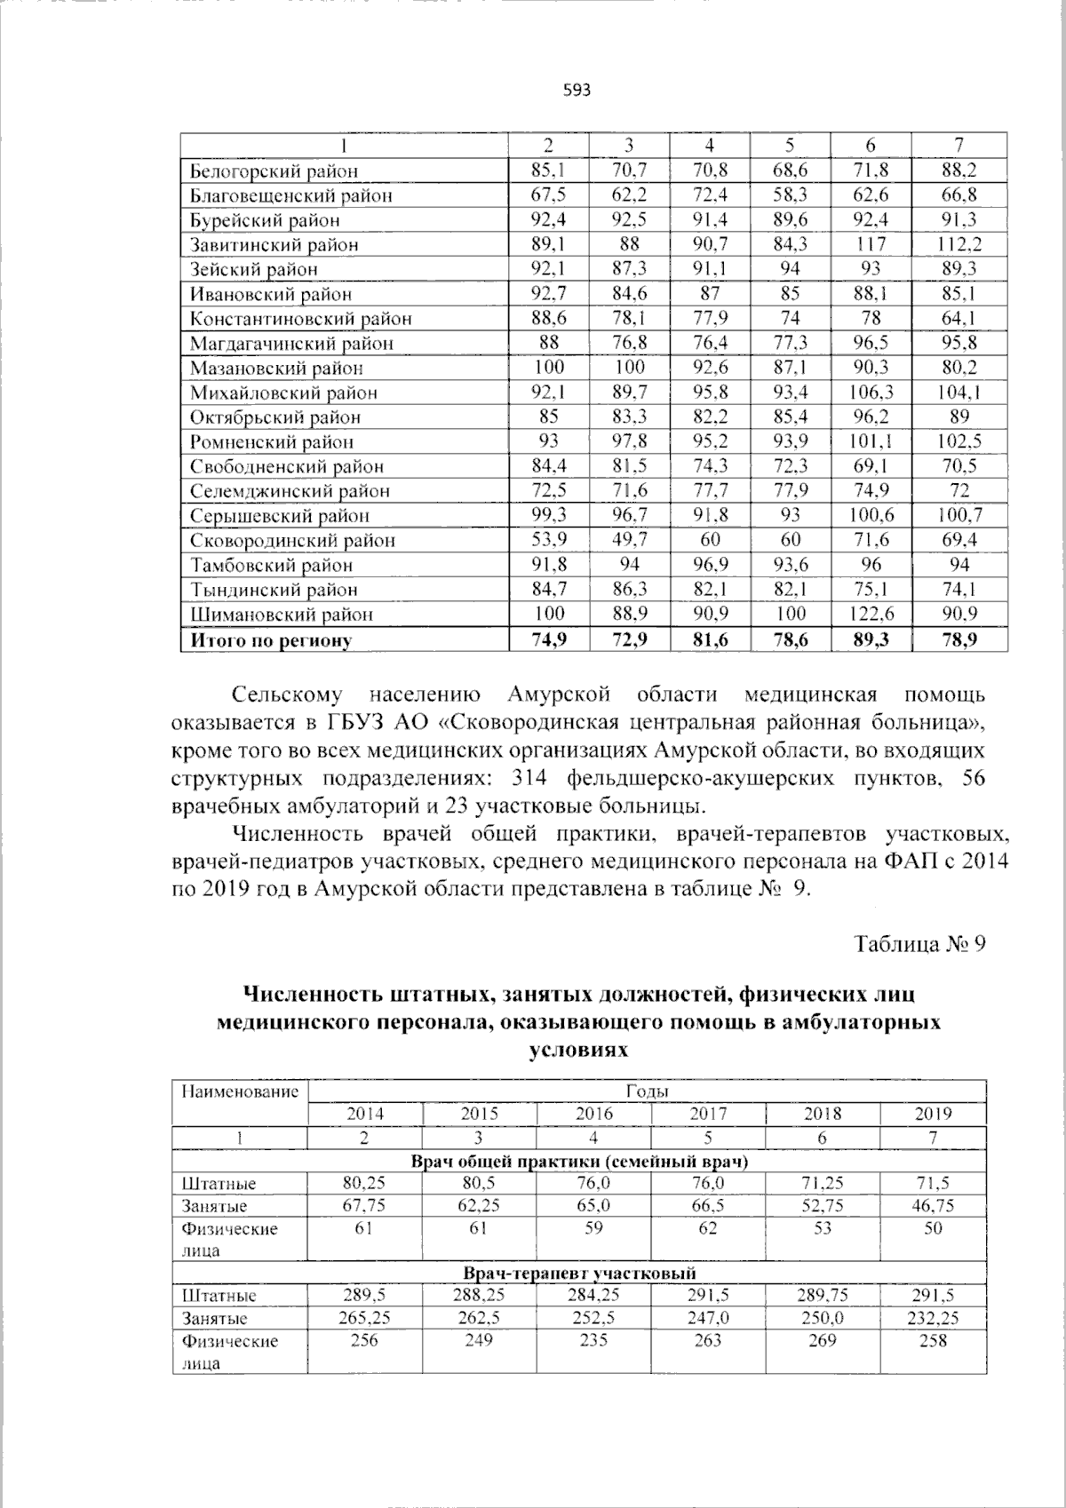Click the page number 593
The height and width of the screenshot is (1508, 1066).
[x=577, y=91]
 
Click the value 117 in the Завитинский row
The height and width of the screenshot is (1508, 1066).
[x=870, y=245]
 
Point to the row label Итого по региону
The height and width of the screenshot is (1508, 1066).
[x=266, y=640]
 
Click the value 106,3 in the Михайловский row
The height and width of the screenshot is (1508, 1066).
[x=870, y=393]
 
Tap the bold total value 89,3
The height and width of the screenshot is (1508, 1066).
[x=870, y=639]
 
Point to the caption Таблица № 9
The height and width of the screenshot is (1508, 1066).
[x=919, y=943]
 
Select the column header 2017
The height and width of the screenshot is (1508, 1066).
[x=708, y=1114]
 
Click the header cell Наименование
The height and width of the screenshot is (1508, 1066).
[x=240, y=1091]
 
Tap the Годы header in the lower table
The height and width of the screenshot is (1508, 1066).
[x=647, y=1091]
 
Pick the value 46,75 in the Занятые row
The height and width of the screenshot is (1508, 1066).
[x=933, y=1206]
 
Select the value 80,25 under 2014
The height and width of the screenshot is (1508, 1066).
[x=364, y=1183]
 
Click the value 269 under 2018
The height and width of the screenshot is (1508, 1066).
[x=822, y=1340]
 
